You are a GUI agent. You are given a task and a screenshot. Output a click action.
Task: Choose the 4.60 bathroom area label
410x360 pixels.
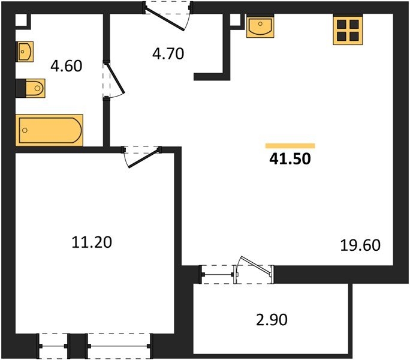coord(66,65)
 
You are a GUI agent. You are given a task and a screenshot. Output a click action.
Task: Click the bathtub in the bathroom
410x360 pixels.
coord(50,130)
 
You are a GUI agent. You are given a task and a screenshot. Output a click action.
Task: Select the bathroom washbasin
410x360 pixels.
coord(25,52)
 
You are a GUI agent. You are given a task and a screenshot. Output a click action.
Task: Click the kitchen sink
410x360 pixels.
coord(260,27)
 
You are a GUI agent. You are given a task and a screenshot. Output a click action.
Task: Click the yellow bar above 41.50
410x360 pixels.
coord(290,146)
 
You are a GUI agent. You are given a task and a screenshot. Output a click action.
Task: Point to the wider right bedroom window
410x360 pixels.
coord(119,346)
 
